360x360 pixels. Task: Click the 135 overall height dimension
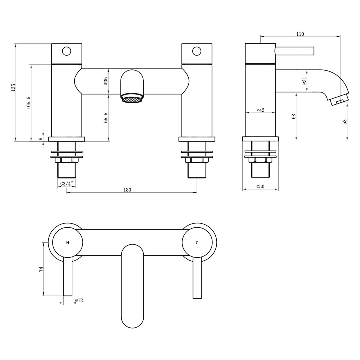13,88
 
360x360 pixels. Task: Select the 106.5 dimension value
28,103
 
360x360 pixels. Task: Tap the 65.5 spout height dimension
106,118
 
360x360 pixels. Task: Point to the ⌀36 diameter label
106,81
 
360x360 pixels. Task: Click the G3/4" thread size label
66,184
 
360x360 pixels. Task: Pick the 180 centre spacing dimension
127,190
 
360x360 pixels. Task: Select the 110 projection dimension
300,34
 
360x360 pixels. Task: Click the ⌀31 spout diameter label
304,80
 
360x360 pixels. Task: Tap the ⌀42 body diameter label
260,110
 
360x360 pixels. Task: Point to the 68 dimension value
294,116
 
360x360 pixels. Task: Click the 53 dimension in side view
345,121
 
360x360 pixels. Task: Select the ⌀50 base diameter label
260,187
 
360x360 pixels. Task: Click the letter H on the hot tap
67,243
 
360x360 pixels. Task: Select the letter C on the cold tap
197,243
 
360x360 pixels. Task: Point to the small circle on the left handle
67,51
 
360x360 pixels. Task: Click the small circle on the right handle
197,51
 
